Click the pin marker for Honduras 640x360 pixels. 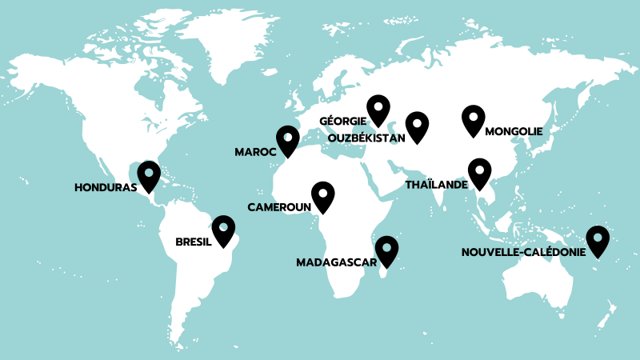point(149,174)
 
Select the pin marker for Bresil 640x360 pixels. point(223,229)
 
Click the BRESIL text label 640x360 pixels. point(193,241)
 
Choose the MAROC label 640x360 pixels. point(255,151)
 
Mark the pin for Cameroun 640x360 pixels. point(322,195)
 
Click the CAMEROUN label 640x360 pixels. point(278,207)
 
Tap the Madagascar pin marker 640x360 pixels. point(387,250)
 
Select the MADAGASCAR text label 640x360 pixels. point(337,262)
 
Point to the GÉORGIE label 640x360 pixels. point(342,122)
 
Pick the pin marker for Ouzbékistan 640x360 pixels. point(417,125)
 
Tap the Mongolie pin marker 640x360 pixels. point(474,119)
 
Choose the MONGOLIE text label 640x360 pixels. point(514,131)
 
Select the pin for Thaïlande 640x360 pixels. point(479,171)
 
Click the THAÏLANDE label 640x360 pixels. point(436,184)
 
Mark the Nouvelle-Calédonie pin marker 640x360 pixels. point(598,240)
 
